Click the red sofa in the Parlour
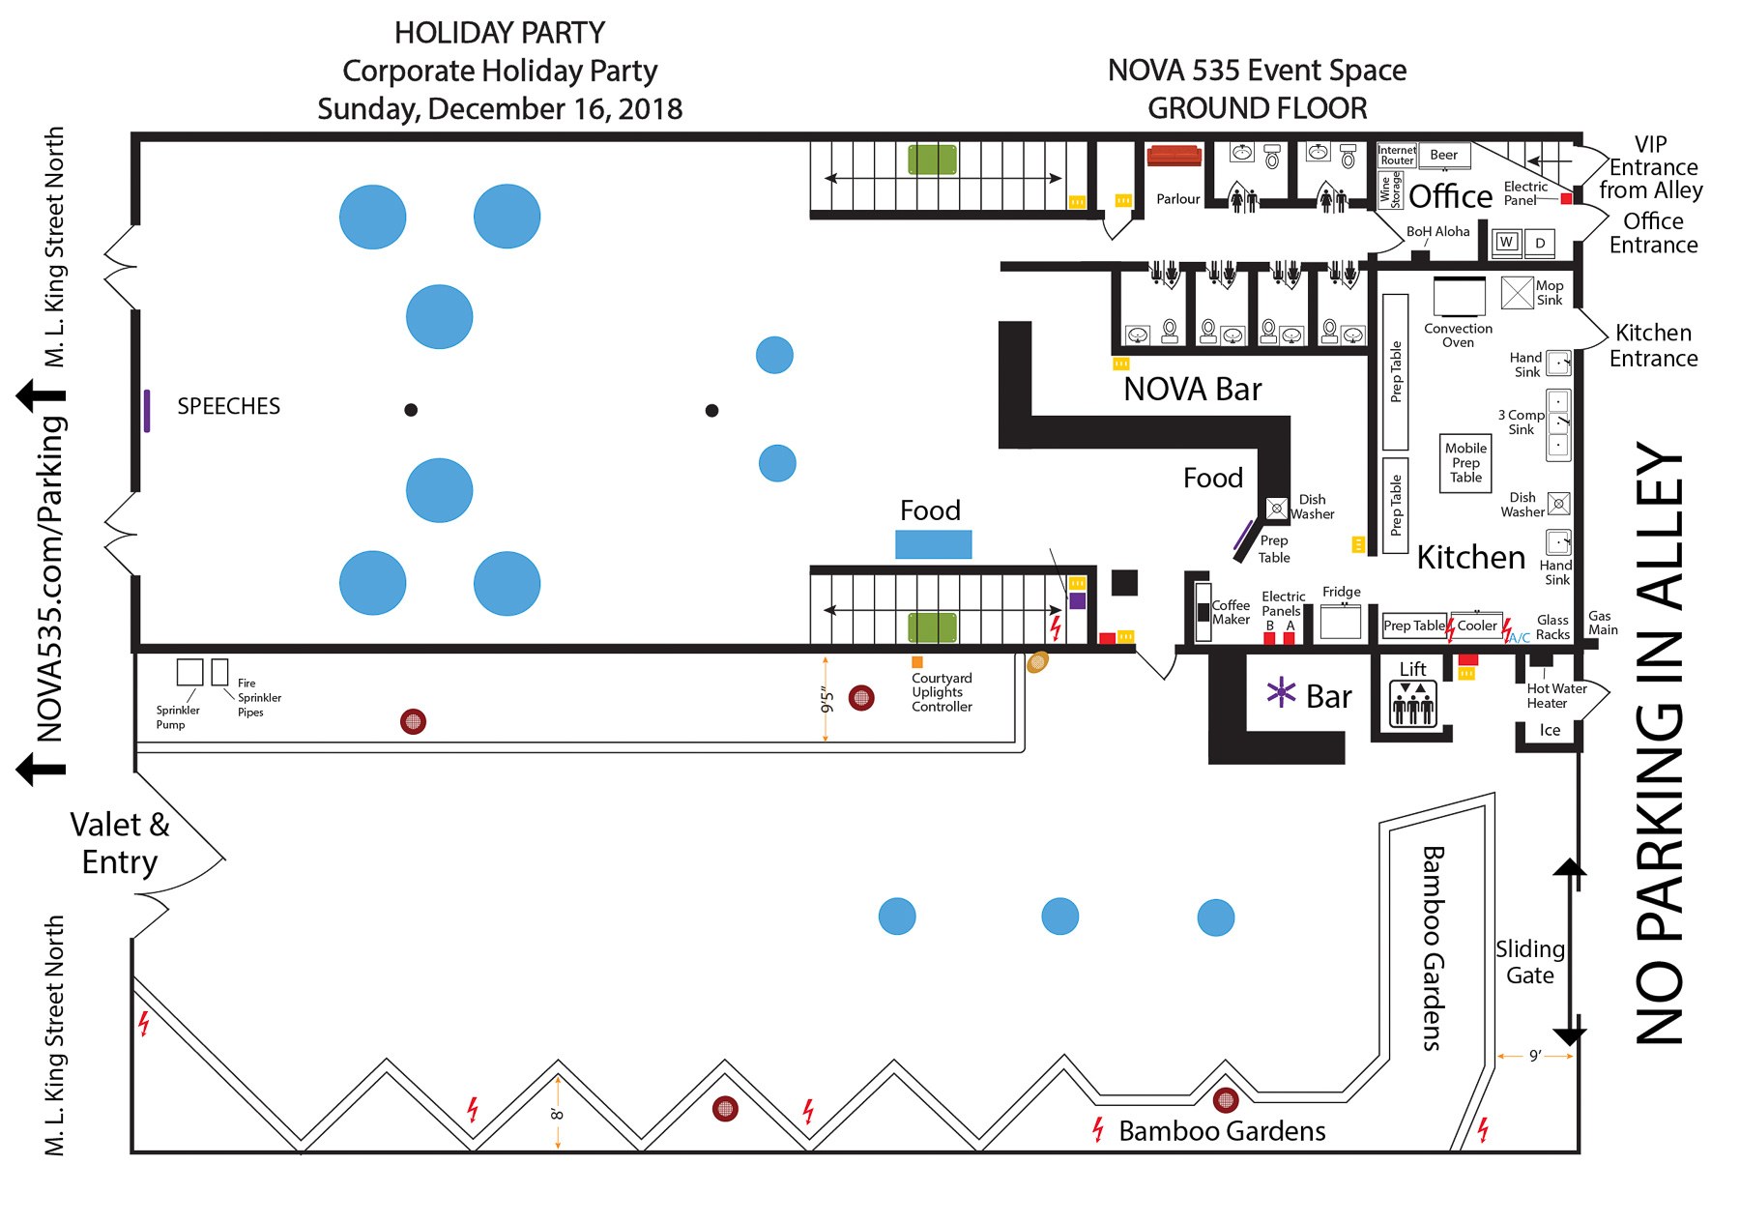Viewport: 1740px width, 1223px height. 1173,156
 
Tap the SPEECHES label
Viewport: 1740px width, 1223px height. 228,406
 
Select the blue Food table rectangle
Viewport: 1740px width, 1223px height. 933,544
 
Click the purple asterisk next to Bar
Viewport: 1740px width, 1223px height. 1281,692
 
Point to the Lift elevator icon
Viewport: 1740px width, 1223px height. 1412,704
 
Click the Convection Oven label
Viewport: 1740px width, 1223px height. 1458,335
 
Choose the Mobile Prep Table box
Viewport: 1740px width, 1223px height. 1465,463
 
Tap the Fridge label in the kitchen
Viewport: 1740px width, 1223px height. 1341,592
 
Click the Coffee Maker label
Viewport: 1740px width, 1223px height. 1231,612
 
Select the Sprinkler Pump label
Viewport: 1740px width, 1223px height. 177,717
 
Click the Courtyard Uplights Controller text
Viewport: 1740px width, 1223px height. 942,692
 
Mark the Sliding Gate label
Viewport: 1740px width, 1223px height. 1529,962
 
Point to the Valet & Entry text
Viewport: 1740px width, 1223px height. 120,843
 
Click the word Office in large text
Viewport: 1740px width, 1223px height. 1450,196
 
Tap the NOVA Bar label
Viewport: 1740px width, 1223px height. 1192,390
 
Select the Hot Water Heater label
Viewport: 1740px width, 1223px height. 1556,696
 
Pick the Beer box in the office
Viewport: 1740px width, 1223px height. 1443,155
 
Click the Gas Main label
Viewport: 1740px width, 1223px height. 1602,623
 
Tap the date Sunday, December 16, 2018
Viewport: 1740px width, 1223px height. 500,108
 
